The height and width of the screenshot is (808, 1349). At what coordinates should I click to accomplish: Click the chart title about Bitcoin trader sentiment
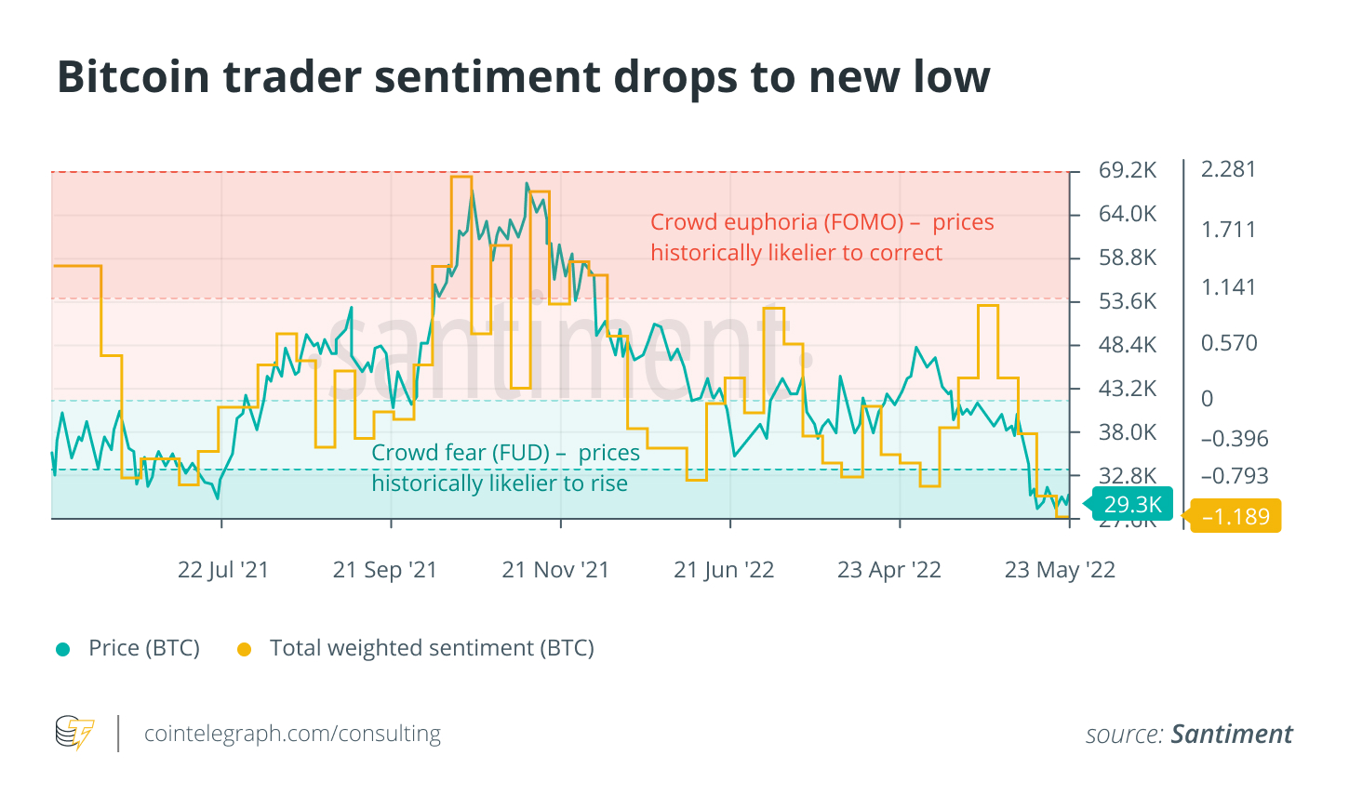coord(523,77)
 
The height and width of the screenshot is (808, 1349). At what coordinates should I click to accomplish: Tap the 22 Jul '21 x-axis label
coord(223,570)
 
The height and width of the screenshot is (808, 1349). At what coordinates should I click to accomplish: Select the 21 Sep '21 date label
coord(385,570)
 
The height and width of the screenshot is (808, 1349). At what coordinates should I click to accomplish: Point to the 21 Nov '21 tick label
coord(555,570)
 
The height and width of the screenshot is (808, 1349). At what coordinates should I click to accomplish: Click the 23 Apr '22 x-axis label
coord(889,570)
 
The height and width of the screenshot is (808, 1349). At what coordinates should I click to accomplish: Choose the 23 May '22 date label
coord(1060,570)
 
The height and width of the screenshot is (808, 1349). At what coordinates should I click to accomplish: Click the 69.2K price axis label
coord(1128,170)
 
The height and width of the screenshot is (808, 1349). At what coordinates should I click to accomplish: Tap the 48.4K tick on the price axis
coord(1128,345)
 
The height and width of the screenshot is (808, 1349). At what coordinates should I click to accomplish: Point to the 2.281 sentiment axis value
coord(1228,169)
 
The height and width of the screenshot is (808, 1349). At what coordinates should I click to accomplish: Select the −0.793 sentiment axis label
coord(1235,476)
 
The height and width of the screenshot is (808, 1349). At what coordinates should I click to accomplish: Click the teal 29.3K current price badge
coord(1131,505)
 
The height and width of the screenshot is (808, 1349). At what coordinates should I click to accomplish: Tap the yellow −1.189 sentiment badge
coord(1235,517)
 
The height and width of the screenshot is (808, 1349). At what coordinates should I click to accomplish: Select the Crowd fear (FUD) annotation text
coord(505,468)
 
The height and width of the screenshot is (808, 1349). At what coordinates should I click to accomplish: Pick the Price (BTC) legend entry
coord(143,648)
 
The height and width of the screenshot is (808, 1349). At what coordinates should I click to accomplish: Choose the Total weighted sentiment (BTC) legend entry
coord(432,648)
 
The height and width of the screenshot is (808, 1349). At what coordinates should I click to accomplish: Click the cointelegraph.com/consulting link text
coord(292,734)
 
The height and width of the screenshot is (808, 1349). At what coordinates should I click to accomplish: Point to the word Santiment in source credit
coord(1232,735)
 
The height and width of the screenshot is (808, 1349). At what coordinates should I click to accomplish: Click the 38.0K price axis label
coord(1128,432)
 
